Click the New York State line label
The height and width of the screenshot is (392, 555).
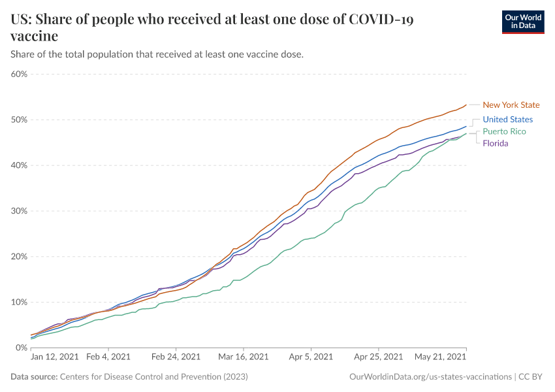(511, 105)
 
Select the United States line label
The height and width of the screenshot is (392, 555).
(507, 120)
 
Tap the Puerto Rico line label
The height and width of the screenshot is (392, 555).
(504, 131)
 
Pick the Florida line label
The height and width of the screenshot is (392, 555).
(495, 143)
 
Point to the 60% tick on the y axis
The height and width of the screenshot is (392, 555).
(19, 74)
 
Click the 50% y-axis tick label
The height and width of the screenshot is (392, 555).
(19, 120)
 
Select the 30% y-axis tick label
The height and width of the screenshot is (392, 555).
(19, 211)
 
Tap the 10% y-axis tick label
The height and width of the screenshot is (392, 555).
(19, 302)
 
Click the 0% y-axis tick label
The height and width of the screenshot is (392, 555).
(21, 348)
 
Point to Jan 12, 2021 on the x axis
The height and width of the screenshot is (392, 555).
(55, 357)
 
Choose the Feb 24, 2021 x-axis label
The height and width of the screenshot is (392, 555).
(176, 357)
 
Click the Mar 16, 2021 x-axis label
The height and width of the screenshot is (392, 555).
(244, 357)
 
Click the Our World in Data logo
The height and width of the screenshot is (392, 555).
(523, 21)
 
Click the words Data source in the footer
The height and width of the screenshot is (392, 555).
(34, 377)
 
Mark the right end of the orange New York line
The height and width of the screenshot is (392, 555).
(466, 105)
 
